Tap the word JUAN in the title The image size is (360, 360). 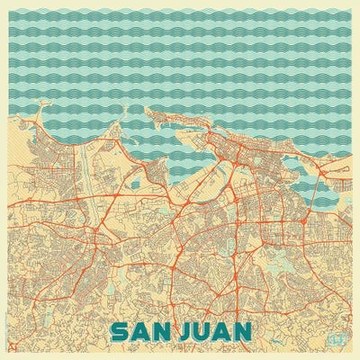click(x=216, y=332)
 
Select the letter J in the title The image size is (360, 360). click(x=185, y=332)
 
